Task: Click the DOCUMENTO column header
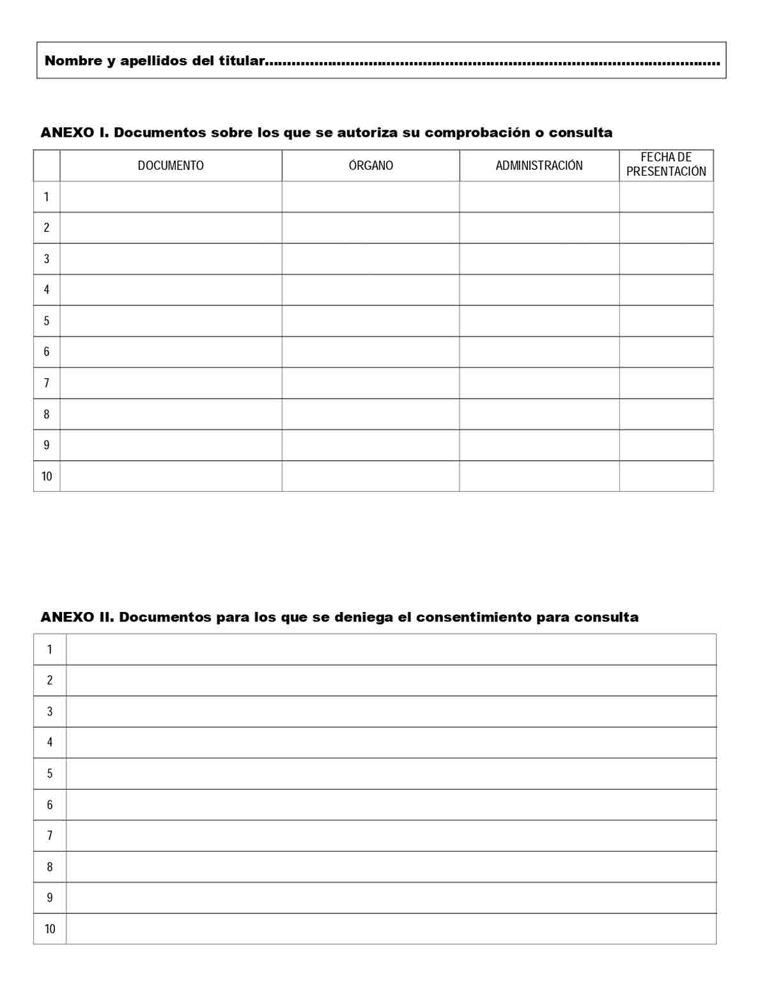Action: click(171, 165)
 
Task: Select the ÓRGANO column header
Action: click(371, 165)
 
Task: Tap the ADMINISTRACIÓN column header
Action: click(539, 165)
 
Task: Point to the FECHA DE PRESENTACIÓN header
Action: click(666, 164)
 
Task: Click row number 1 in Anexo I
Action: click(46, 197)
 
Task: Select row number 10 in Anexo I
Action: click(47, 476)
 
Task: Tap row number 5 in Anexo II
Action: click(50, 774)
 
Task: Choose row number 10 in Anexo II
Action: click(50, 929)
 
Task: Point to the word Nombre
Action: click(74, 61)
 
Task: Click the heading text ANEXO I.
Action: click(75, 133)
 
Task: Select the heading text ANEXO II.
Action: click(77, 617)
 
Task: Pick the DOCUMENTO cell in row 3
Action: click(171, 259)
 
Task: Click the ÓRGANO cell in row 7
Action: click(371, 383)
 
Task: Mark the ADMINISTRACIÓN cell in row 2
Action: click(539, 227)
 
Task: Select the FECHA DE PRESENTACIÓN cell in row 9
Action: click(666, 445)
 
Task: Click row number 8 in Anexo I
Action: click(46, 414)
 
